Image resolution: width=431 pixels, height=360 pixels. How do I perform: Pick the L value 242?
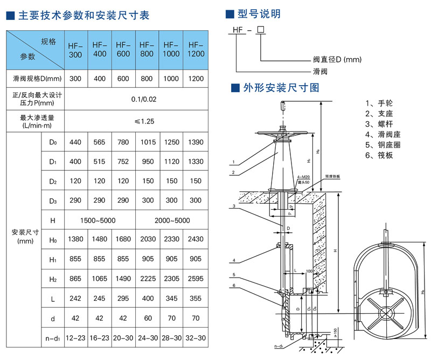coord(75,299)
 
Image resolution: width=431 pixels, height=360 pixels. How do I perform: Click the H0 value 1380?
coord(75,240)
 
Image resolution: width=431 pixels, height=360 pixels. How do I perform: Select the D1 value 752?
coord(123,162)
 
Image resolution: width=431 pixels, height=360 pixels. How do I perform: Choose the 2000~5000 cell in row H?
coord(171,220)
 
